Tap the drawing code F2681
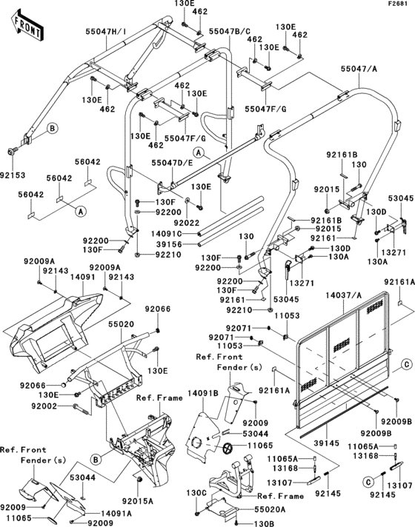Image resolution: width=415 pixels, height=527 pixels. [x=398, y=5]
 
